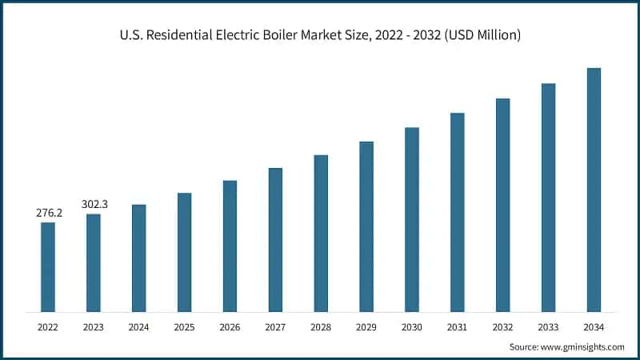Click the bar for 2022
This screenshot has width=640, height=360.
48,266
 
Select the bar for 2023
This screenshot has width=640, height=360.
94,262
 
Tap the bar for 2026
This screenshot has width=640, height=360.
230,246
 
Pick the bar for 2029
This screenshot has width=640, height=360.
366,226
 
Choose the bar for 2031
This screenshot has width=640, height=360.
457,212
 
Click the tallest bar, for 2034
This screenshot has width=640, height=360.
594,190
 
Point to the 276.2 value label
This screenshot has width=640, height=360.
48,214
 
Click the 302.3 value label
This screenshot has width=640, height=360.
94,205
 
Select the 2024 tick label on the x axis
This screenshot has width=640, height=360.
139,327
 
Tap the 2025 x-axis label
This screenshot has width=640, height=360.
185,327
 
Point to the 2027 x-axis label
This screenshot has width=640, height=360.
275,327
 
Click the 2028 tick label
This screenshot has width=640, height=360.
321,327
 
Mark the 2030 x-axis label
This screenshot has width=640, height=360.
412,327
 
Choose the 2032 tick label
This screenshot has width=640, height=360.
502,327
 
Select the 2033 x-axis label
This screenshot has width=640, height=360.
548,327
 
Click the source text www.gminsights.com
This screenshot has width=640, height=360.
583,346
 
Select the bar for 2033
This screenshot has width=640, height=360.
548,198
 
